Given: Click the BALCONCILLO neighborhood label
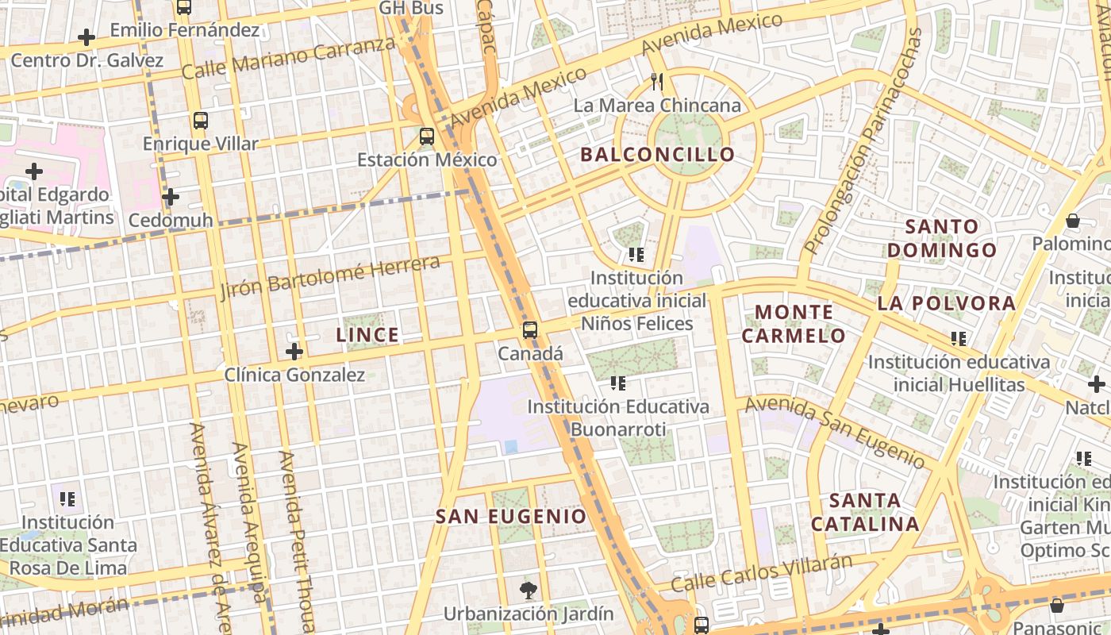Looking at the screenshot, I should coord(658,154).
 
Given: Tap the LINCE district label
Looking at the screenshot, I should coord(367,335).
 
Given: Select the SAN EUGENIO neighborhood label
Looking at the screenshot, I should coord(511,516).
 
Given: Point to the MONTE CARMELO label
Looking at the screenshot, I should coord(794,323).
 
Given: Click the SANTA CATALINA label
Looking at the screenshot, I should coord(865,512).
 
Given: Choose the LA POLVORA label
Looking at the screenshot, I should coord(946,303).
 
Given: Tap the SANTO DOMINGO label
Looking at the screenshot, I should coord(942,238).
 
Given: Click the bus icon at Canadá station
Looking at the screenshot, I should coord(530,330).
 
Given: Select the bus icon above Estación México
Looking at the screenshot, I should coord(427,137).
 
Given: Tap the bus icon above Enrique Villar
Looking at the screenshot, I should coord(201,121).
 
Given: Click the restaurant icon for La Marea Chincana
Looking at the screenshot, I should coord(656,81).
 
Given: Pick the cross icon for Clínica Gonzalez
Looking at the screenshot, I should coord(294,351).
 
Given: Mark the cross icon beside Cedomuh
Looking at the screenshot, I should coord(170,197).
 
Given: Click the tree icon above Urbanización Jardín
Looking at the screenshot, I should coord(528,590).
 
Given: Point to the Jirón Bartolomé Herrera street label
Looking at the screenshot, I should coord(330,278).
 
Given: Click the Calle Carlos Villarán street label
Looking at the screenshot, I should coord(761,573).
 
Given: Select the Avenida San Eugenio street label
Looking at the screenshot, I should coord(835,432).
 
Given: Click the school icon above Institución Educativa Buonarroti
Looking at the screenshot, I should coord(618,384).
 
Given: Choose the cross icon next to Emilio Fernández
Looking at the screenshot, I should coord(86,37).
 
